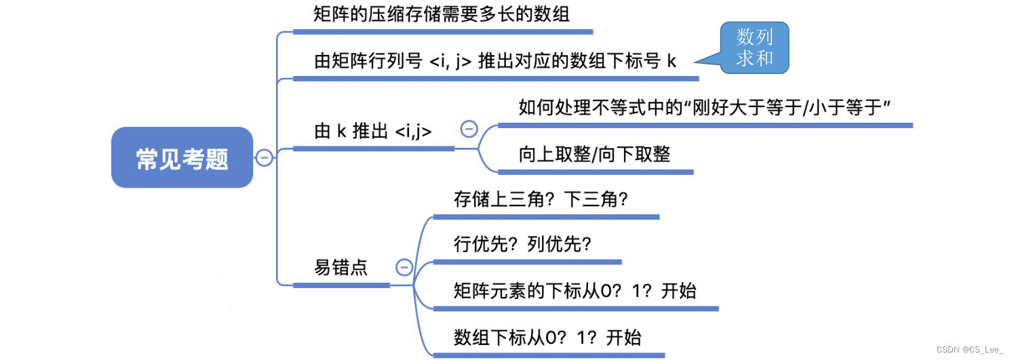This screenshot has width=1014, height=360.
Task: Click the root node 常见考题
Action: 182,158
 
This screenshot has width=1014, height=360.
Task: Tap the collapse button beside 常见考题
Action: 264,158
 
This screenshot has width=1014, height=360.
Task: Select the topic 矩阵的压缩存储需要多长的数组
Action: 442,15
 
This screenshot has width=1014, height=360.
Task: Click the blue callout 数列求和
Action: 754,47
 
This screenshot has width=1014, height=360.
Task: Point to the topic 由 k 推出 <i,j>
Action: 373,132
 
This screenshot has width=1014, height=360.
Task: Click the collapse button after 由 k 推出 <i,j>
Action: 469,129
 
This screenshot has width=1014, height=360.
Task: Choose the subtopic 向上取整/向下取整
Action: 594,155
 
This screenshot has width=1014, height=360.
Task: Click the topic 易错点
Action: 341,267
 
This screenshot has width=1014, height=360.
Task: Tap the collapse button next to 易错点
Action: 404,267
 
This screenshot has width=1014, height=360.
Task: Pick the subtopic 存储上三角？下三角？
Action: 541,199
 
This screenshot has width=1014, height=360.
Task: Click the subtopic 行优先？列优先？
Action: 522,244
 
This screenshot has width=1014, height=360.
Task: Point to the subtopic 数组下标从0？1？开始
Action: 547,337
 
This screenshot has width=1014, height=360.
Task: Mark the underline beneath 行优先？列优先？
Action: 527,262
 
